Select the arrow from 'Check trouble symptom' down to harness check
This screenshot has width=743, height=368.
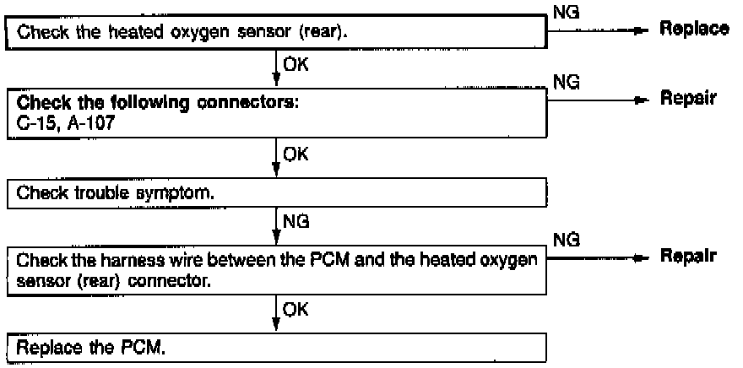click(277, 225)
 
